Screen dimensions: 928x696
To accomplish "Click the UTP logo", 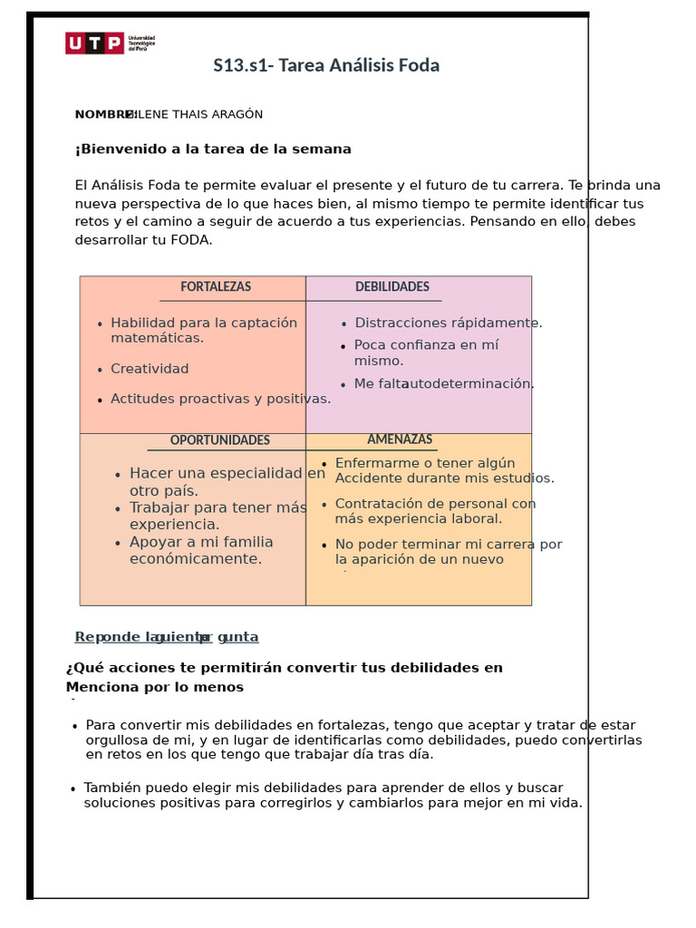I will (94, 43).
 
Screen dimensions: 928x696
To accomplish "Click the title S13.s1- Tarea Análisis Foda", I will (326, 65).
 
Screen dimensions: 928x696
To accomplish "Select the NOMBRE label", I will (103, 114).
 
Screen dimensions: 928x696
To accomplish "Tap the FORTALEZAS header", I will (216, 286).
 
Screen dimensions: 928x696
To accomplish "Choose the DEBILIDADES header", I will (392, 286).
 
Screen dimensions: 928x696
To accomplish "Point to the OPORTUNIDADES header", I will (220, 440).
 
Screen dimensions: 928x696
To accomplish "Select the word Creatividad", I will (150, 369).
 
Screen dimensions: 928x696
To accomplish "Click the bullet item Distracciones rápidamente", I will (449, 323).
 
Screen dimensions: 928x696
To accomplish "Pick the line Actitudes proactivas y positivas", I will (220, 399).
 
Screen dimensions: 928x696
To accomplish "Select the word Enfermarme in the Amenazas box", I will (375, 463).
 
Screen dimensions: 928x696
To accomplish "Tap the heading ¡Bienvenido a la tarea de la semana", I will (213, 150).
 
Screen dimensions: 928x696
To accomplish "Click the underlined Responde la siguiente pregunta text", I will (167, 637).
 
